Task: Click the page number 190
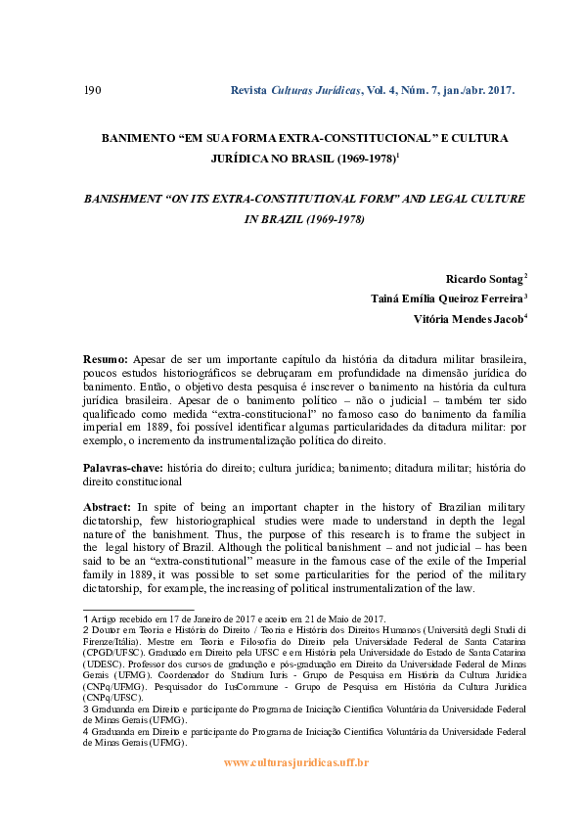click(x=93, y=91)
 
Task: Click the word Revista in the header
click(x=248, y=91)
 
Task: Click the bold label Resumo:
click(x=105, y=359)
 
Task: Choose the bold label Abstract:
click(x=107, y=507)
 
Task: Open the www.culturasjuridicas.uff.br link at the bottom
click(x=296, y=762)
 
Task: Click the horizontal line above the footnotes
click(x=138, y=609)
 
